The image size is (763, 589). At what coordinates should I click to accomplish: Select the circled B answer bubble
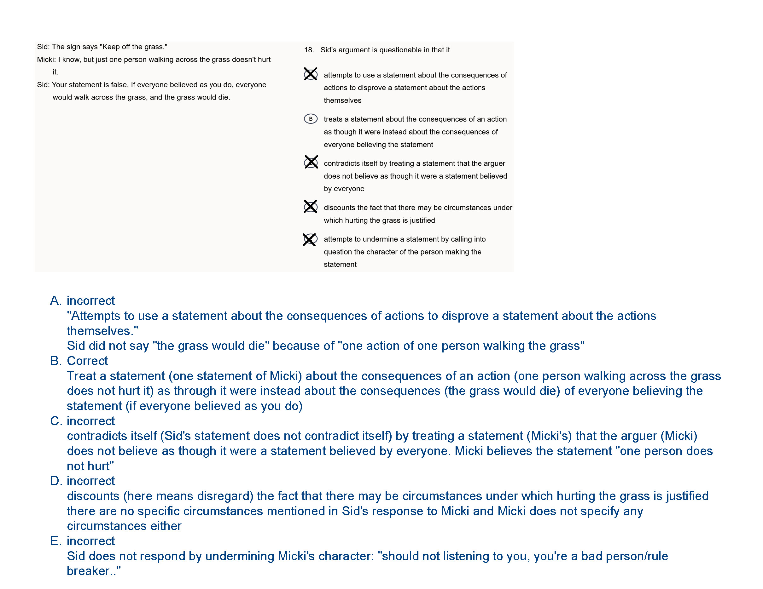(311, 119)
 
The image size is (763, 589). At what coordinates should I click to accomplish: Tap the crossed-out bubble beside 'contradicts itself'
(311, 162)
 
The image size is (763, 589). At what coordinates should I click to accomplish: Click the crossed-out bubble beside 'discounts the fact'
(311, 207)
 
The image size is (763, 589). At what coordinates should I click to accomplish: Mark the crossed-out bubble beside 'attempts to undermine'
(310, 239)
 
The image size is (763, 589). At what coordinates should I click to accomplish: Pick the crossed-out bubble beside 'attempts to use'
(311, 74)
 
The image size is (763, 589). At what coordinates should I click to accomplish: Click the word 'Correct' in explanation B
(87, 361)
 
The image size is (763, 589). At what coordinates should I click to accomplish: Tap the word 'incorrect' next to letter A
(90, 301)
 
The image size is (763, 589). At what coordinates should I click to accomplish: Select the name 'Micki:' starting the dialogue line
(46, 60)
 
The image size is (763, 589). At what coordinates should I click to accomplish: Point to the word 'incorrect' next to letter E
(90, 541)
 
